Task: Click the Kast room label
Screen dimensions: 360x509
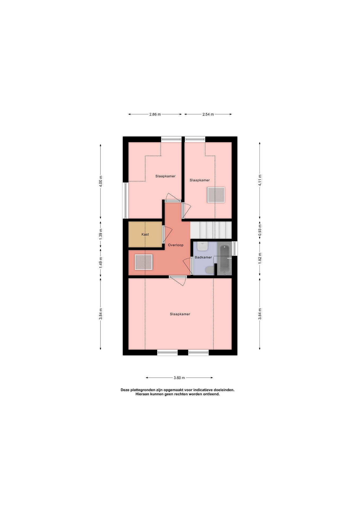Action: (145, 234)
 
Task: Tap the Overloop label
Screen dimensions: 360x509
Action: (175, 245)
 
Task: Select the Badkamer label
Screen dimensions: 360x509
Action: (203, 257)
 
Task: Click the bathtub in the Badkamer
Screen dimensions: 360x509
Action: (225, 259)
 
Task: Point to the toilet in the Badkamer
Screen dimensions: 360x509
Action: (209, 270)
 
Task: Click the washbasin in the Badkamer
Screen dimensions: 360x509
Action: (202, 246)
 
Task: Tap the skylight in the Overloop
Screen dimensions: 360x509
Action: (143, 262)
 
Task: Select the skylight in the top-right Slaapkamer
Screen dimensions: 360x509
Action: (216, 195)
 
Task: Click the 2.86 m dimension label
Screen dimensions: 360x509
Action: (155, 115)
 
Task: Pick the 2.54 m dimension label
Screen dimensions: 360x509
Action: (208, 115)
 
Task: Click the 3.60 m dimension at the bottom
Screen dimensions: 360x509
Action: (179, 378)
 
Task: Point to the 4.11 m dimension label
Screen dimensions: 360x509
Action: (260, 180)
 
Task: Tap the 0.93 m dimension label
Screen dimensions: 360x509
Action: (260, 230)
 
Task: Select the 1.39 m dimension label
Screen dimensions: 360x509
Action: (101, 234)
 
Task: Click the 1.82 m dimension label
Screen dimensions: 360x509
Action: (260, 258)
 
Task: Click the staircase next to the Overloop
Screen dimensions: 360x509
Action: (211, 230)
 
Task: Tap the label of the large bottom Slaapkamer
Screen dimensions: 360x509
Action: (180, 314)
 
